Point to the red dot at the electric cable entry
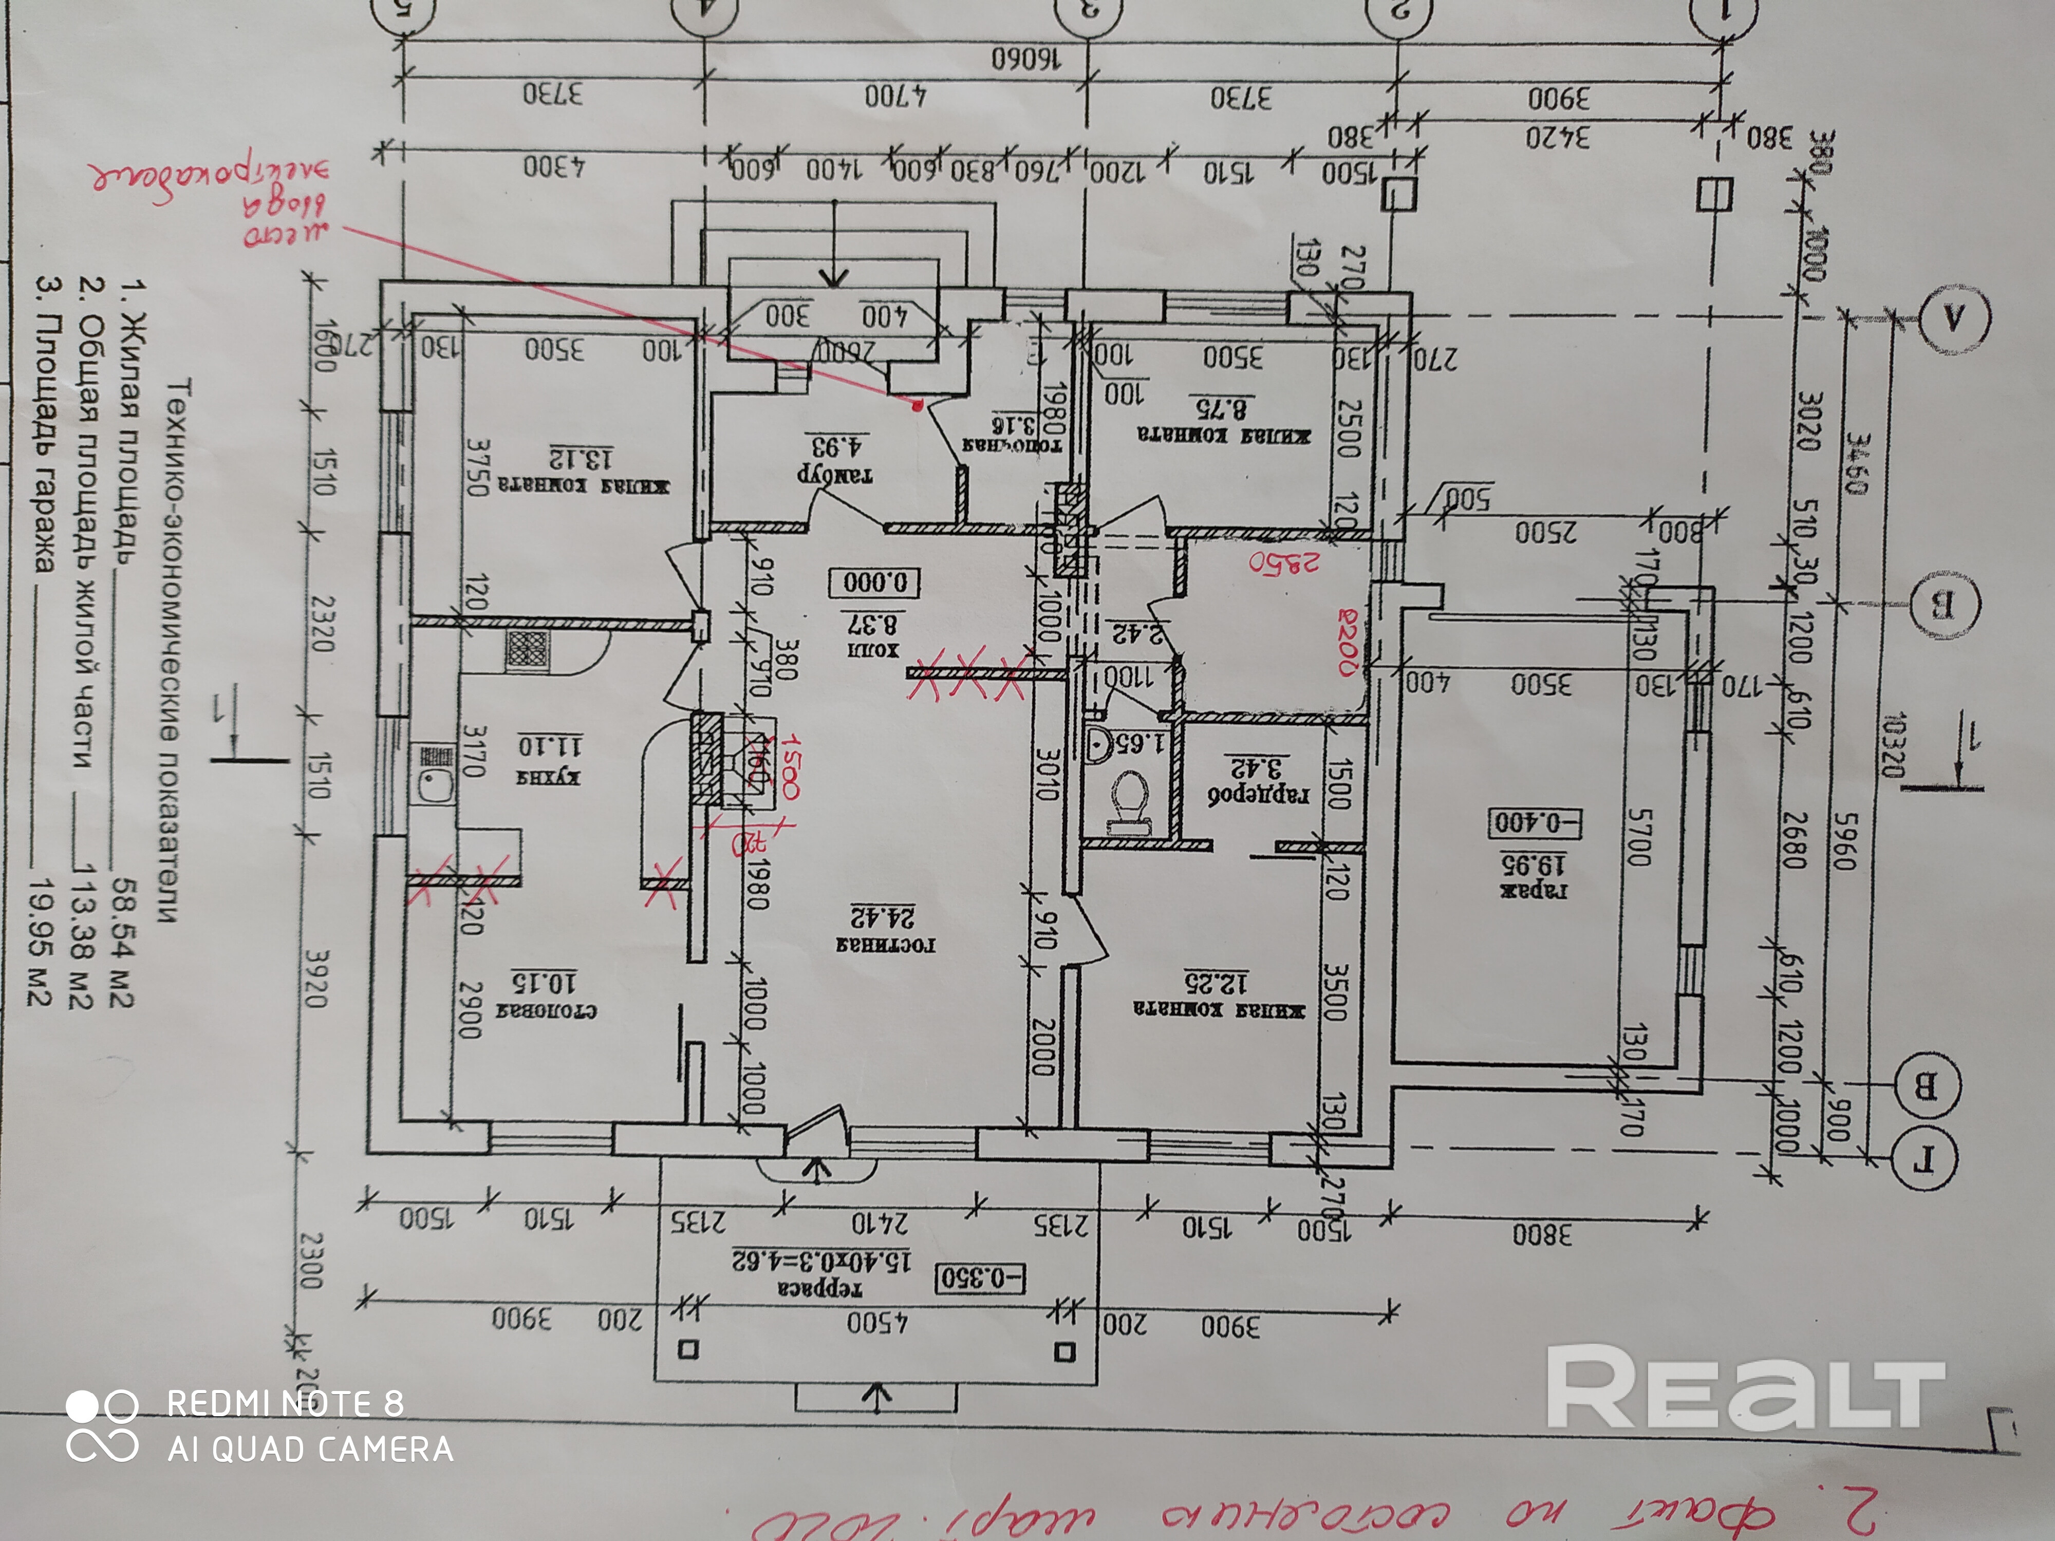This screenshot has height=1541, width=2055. tap(918, 405)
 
